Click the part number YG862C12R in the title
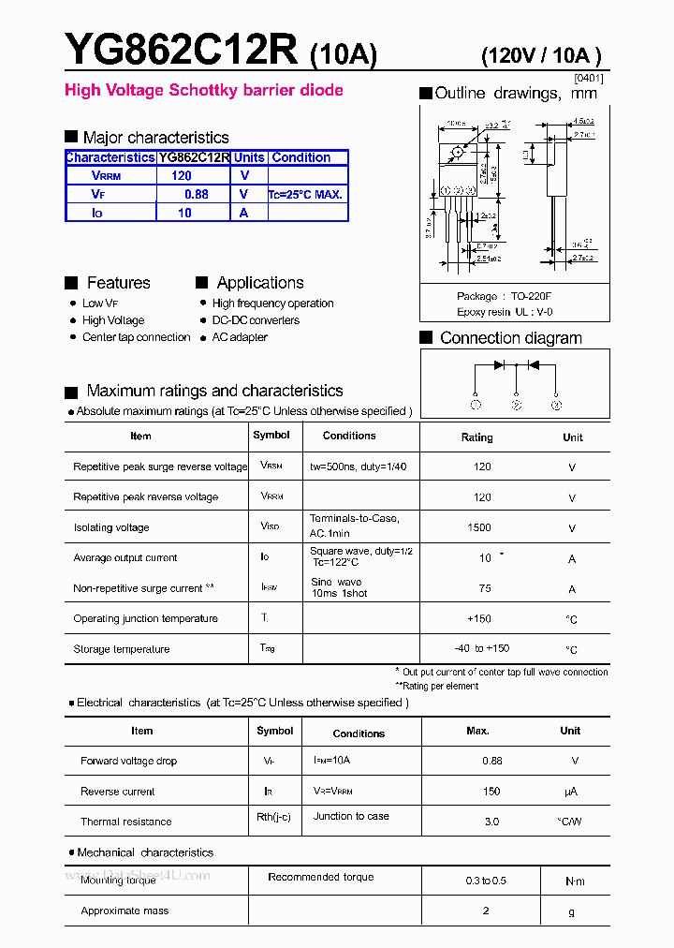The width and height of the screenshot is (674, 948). click(x=182, y=49)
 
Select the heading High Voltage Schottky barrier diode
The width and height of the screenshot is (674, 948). click(x=203, y=91)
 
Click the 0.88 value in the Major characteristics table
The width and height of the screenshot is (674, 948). click(x=196, y=194)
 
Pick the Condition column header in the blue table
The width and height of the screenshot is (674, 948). click(x=300, y=157)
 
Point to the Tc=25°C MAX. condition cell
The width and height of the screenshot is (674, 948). click(x=306, y=195)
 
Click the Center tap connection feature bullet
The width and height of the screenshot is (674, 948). click(x=136, y=337)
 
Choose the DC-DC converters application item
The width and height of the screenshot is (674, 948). click(x=256, y=320)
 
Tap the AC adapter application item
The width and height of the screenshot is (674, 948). click(x=240, y=337)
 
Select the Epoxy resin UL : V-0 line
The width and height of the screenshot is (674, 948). click(x=505, y=312)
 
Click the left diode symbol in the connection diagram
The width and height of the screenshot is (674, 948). click(x=499, y=364)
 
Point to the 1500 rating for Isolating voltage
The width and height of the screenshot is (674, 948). click(x=479, y=527)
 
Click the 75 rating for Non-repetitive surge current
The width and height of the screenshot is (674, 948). click(x=485, y=588)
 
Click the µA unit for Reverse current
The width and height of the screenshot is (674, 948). click(x=571, y=792)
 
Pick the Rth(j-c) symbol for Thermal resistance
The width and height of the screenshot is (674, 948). click(x=273, y=817)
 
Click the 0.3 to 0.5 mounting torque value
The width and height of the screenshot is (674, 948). click(x=486, y=881)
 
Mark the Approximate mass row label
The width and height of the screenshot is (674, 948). click(x=125, y=911)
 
